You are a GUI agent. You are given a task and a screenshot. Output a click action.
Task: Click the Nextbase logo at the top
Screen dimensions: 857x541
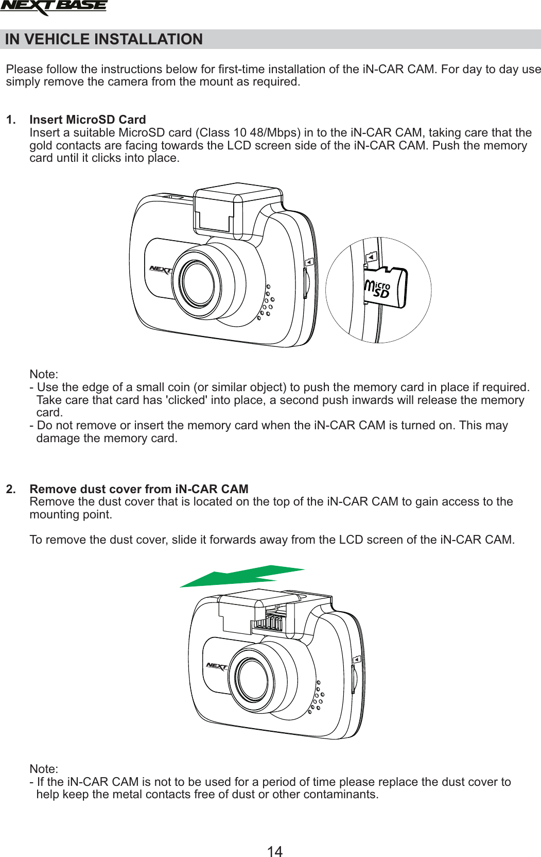(x=54, y=7)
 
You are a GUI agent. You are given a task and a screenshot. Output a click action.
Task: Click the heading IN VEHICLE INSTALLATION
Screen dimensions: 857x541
(x=103, y=40)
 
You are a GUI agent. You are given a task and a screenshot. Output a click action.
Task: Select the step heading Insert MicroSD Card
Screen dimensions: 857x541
(x=88, y=120)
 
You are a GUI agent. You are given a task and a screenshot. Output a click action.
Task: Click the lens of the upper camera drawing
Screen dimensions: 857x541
(x=197, y=283)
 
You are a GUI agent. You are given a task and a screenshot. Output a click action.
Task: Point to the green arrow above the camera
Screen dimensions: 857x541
(x=242, y=576)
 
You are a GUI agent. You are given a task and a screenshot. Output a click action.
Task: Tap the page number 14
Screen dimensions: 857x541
(x=275, y=851)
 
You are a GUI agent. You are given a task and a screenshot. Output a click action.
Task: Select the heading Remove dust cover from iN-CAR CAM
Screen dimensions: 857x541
(x=139, y=489)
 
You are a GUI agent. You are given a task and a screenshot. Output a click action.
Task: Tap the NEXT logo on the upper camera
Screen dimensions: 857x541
(x=161, y=270)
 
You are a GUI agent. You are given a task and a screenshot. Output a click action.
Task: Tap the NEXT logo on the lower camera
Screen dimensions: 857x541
(x=217, y=666)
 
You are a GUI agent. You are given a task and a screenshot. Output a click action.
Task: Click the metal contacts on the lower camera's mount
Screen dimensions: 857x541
(x=270, y=622)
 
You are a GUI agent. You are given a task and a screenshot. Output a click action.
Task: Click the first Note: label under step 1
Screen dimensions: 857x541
(x=44, y=375)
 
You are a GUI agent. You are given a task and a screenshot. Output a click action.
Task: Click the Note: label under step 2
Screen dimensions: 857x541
(x=44, y=769)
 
